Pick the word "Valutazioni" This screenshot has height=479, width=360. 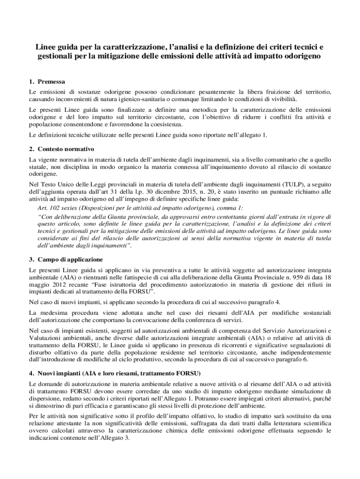(43, 338)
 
